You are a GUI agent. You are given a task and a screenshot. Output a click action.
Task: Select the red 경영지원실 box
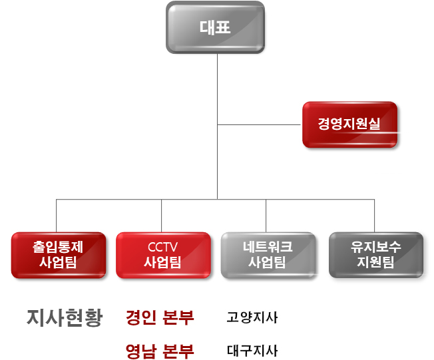click(349, 124)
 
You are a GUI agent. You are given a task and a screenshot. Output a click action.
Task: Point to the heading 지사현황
click(65, 318)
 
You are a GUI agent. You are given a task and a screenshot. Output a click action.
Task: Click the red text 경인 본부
click(160, 318)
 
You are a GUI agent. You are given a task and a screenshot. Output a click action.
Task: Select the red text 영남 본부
click(160, 350)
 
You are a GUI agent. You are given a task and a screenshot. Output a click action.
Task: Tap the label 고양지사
click(252, 318)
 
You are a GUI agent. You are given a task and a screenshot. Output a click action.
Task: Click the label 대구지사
click(252, 350)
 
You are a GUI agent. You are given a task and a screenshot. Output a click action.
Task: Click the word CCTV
click(162, 247)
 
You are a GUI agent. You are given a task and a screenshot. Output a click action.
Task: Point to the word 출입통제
click(58, 246)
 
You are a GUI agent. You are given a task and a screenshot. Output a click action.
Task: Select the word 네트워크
click(267, 246)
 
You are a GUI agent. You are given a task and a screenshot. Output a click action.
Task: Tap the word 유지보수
click(375, 246)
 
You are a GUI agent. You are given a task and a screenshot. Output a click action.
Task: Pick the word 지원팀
click(375, 262)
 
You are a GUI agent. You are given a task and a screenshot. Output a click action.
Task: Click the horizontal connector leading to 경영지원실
click(260, 124)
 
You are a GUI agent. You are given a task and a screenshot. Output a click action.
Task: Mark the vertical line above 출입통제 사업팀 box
click(57, 215)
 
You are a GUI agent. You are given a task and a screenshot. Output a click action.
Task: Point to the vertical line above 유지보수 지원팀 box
click(374, 215)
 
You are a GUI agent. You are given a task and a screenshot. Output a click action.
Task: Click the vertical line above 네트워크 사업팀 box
click(266, 215)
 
